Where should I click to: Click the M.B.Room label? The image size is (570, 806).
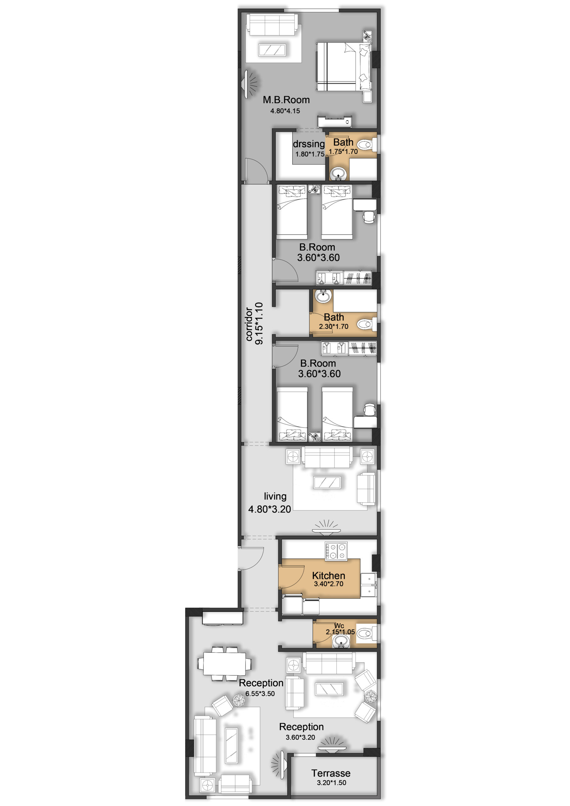coord(286,100)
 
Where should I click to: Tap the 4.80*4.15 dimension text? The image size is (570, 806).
coord(285,111)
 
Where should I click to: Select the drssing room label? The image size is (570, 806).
coord(309,144)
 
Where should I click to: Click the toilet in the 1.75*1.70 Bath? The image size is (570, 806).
coord(367,144)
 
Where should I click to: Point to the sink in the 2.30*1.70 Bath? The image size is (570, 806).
coord(323,296)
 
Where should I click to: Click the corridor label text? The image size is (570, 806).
coord(249,324)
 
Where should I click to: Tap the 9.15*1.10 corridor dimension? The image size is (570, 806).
coord(259,323)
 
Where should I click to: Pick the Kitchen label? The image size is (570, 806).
coord(328,576)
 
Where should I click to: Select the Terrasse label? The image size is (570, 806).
coord(331,773)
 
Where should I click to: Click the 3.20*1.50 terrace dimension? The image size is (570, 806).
coord(332,783)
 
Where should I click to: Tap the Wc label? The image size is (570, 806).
coord(339,626)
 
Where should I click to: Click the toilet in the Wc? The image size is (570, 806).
coord(367,633)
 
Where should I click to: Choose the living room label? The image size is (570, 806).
coord(275,497)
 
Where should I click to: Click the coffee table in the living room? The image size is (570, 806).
coord(327,483)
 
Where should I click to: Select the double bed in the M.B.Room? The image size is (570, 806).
coord(344,67)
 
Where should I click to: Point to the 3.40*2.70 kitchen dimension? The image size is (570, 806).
coord(328,584)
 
